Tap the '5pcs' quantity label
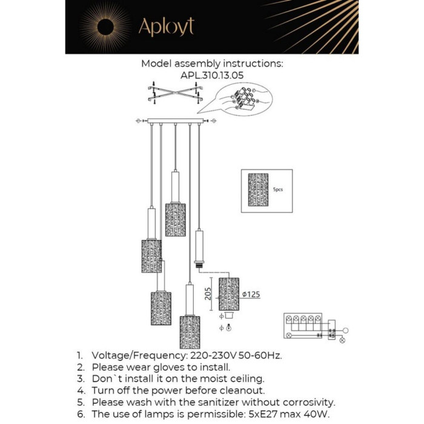click(278, 190)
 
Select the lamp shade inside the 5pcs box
click(258, 190)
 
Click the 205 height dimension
click(208, 293)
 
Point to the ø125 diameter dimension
click(251, 294)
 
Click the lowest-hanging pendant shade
click(190, 331)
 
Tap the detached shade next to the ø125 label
click(229, 294)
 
